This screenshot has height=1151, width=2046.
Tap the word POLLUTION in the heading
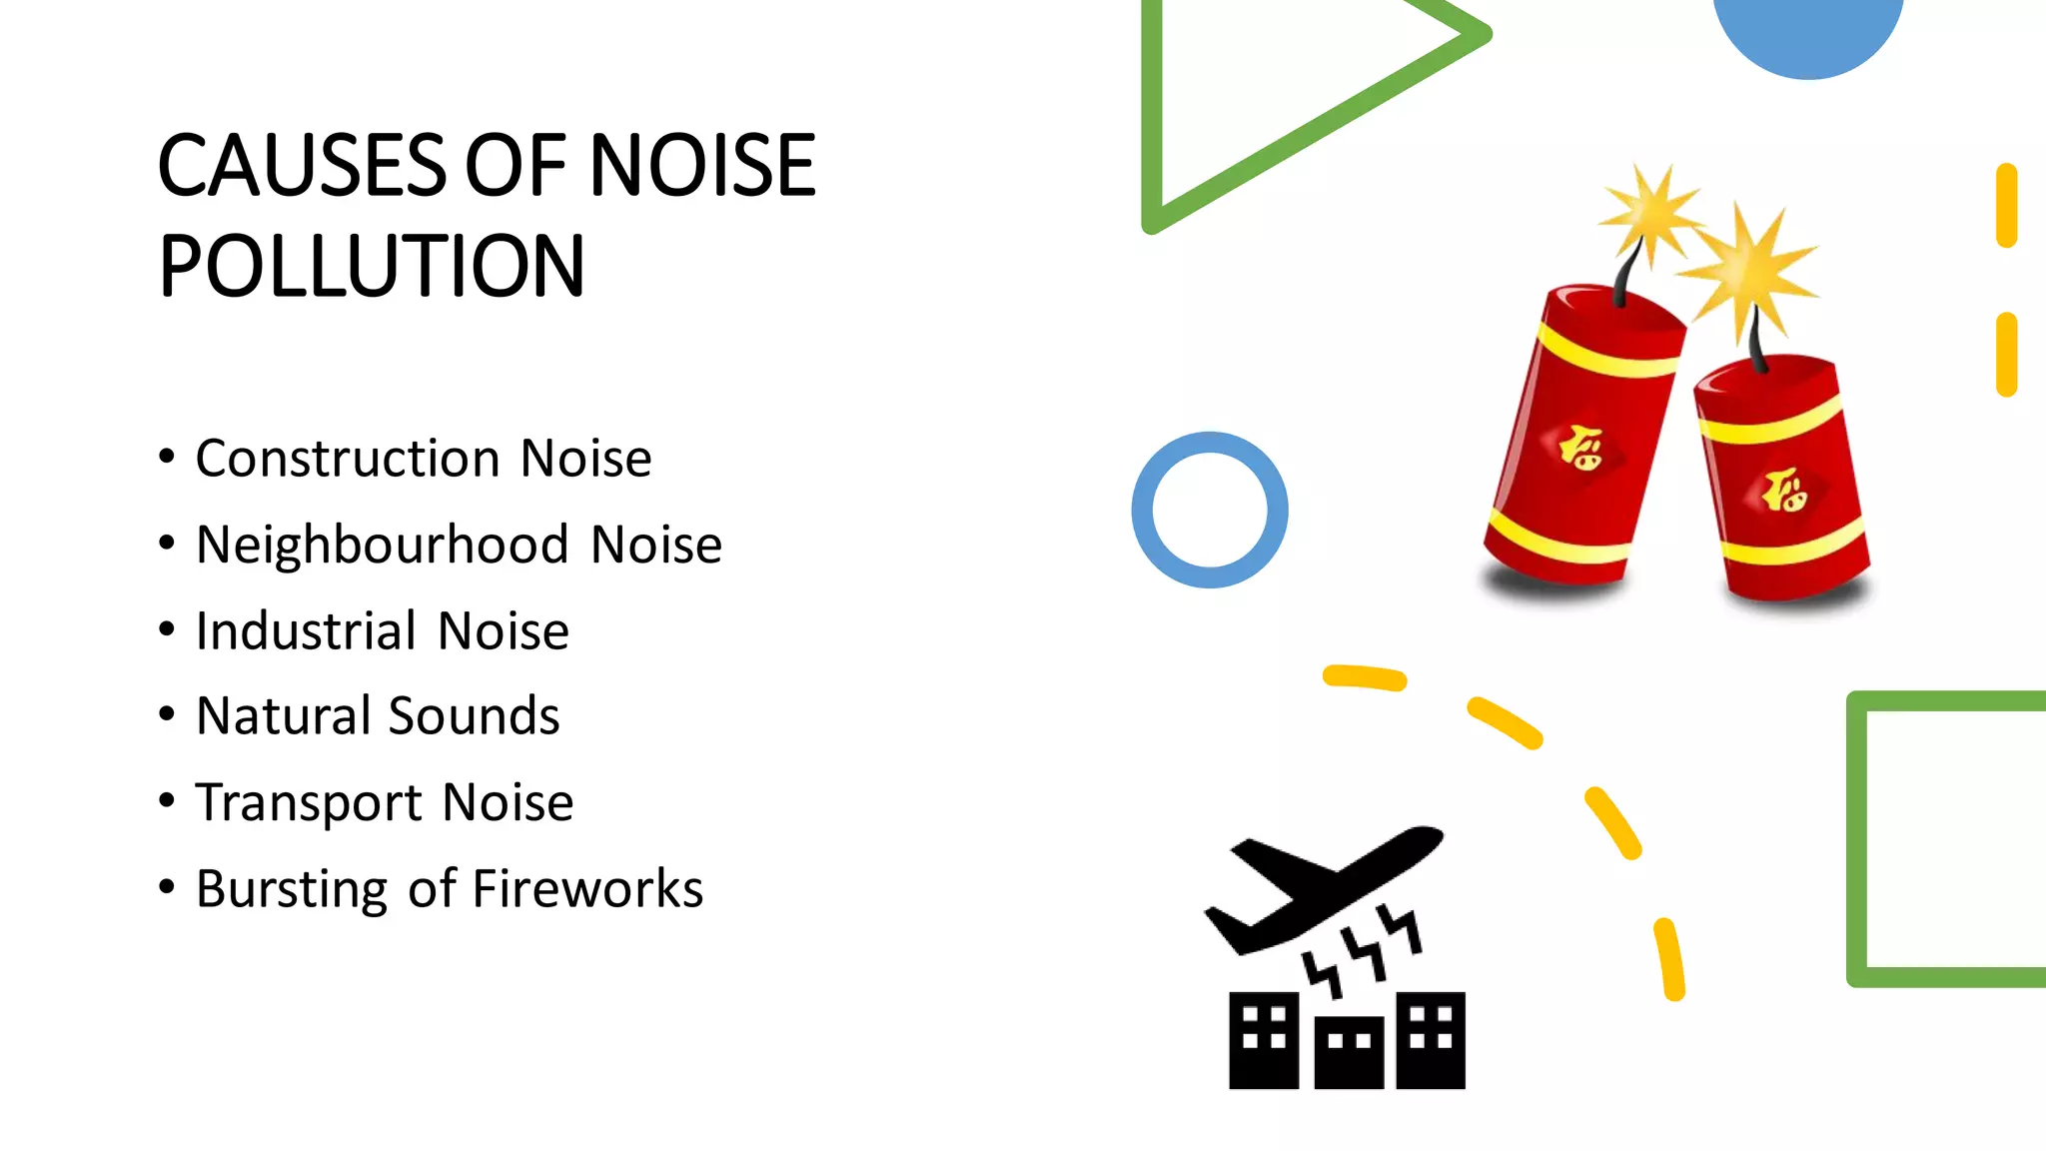372,266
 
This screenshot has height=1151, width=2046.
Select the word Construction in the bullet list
348,459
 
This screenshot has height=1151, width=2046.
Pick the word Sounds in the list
474,716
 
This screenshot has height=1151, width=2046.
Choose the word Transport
309,803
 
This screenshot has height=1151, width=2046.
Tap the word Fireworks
587,889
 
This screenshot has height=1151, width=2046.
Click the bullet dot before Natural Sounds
167,714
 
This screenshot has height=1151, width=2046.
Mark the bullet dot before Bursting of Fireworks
167,886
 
